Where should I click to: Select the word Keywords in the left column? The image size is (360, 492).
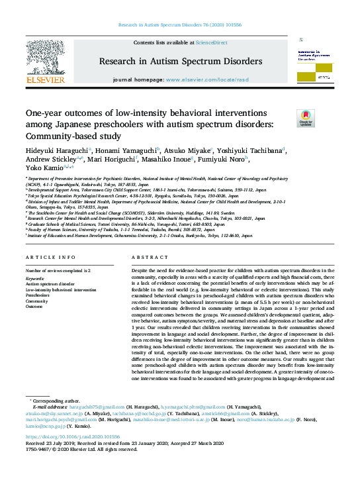[x=36, y=279]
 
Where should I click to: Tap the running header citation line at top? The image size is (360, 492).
[x=180, y=25]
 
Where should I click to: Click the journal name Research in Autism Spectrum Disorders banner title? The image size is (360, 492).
[x=180, y=62]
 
